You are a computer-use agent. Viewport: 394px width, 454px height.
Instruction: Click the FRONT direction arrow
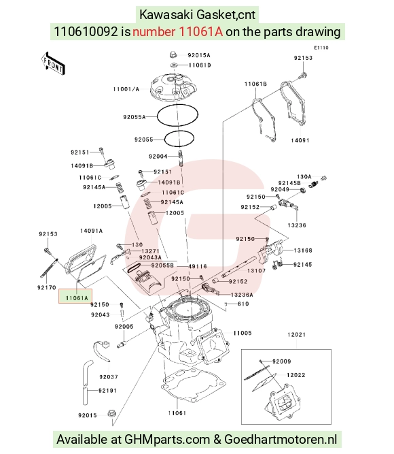(53, 64)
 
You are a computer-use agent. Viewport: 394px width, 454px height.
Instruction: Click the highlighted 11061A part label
(76, 298)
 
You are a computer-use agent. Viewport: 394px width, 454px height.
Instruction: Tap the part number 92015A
(199, 55)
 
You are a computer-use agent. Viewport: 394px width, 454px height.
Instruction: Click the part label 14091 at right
(300, 140)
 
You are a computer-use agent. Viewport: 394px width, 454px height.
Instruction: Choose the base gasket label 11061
(177, 413)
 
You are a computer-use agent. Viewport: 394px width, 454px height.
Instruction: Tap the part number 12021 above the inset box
(296, 335)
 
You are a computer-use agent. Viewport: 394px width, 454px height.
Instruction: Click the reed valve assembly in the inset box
(282, 402)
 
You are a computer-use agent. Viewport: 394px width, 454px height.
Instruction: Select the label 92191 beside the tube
(107, 391)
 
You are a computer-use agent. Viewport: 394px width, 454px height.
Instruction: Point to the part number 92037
(109, 377)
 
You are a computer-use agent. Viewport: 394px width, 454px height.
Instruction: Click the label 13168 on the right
(303, 250)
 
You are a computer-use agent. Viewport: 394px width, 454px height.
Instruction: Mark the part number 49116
(198, 266)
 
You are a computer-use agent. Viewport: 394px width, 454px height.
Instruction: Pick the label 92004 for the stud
(158, 157)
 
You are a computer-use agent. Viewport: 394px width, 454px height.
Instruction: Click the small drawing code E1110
(321, 48)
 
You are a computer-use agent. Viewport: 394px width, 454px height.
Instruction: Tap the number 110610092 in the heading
(86, 31)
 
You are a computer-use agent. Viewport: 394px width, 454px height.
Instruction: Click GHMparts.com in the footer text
(167, 440)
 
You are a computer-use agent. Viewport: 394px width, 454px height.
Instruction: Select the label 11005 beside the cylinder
(243, 333)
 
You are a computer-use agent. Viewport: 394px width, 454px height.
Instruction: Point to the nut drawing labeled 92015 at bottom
(111, 414)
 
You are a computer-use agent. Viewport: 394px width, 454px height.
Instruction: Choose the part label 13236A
(242, 295)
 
